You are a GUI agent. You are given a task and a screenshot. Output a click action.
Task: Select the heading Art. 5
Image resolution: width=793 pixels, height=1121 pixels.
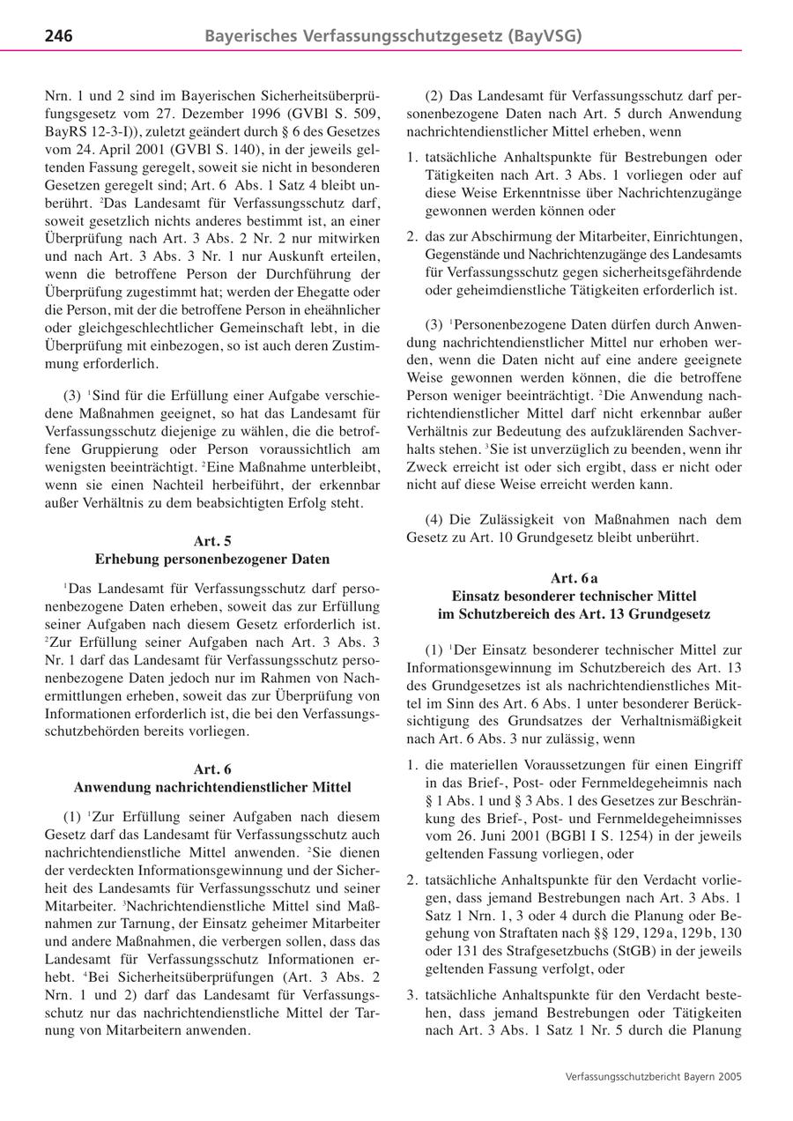211,540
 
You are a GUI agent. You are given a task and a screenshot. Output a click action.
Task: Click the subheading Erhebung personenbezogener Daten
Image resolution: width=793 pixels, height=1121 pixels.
211,559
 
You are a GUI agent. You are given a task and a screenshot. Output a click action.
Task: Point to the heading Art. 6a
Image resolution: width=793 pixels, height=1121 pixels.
574,578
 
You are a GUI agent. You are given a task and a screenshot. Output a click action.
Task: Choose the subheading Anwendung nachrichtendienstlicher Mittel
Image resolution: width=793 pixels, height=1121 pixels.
211,787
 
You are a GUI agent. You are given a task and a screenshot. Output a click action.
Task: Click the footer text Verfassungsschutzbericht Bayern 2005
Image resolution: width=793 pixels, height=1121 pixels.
653,1076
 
